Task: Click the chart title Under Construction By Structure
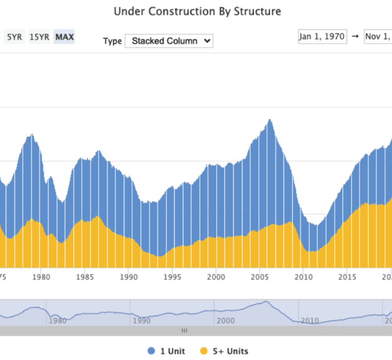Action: [x=197, y=11]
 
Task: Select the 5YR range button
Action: [x=14, y=37]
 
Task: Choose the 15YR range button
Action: [x=40, y=37]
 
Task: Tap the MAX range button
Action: [x=64, y=37]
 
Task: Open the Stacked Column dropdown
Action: [x=169, y=41]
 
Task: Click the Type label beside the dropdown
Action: [x=112, y=41]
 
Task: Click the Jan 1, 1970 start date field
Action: [x=322, y=37]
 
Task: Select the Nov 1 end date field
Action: [x=378, y=37]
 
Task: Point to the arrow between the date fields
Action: [x=355, y=37]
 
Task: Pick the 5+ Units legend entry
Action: [x=224, y=351]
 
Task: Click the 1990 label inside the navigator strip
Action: [x=142, y=321]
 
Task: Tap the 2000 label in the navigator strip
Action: [x=225, y=321]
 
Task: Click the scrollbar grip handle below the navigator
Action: [x=185, y=331]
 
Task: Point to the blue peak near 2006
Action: [x=269, y=120]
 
